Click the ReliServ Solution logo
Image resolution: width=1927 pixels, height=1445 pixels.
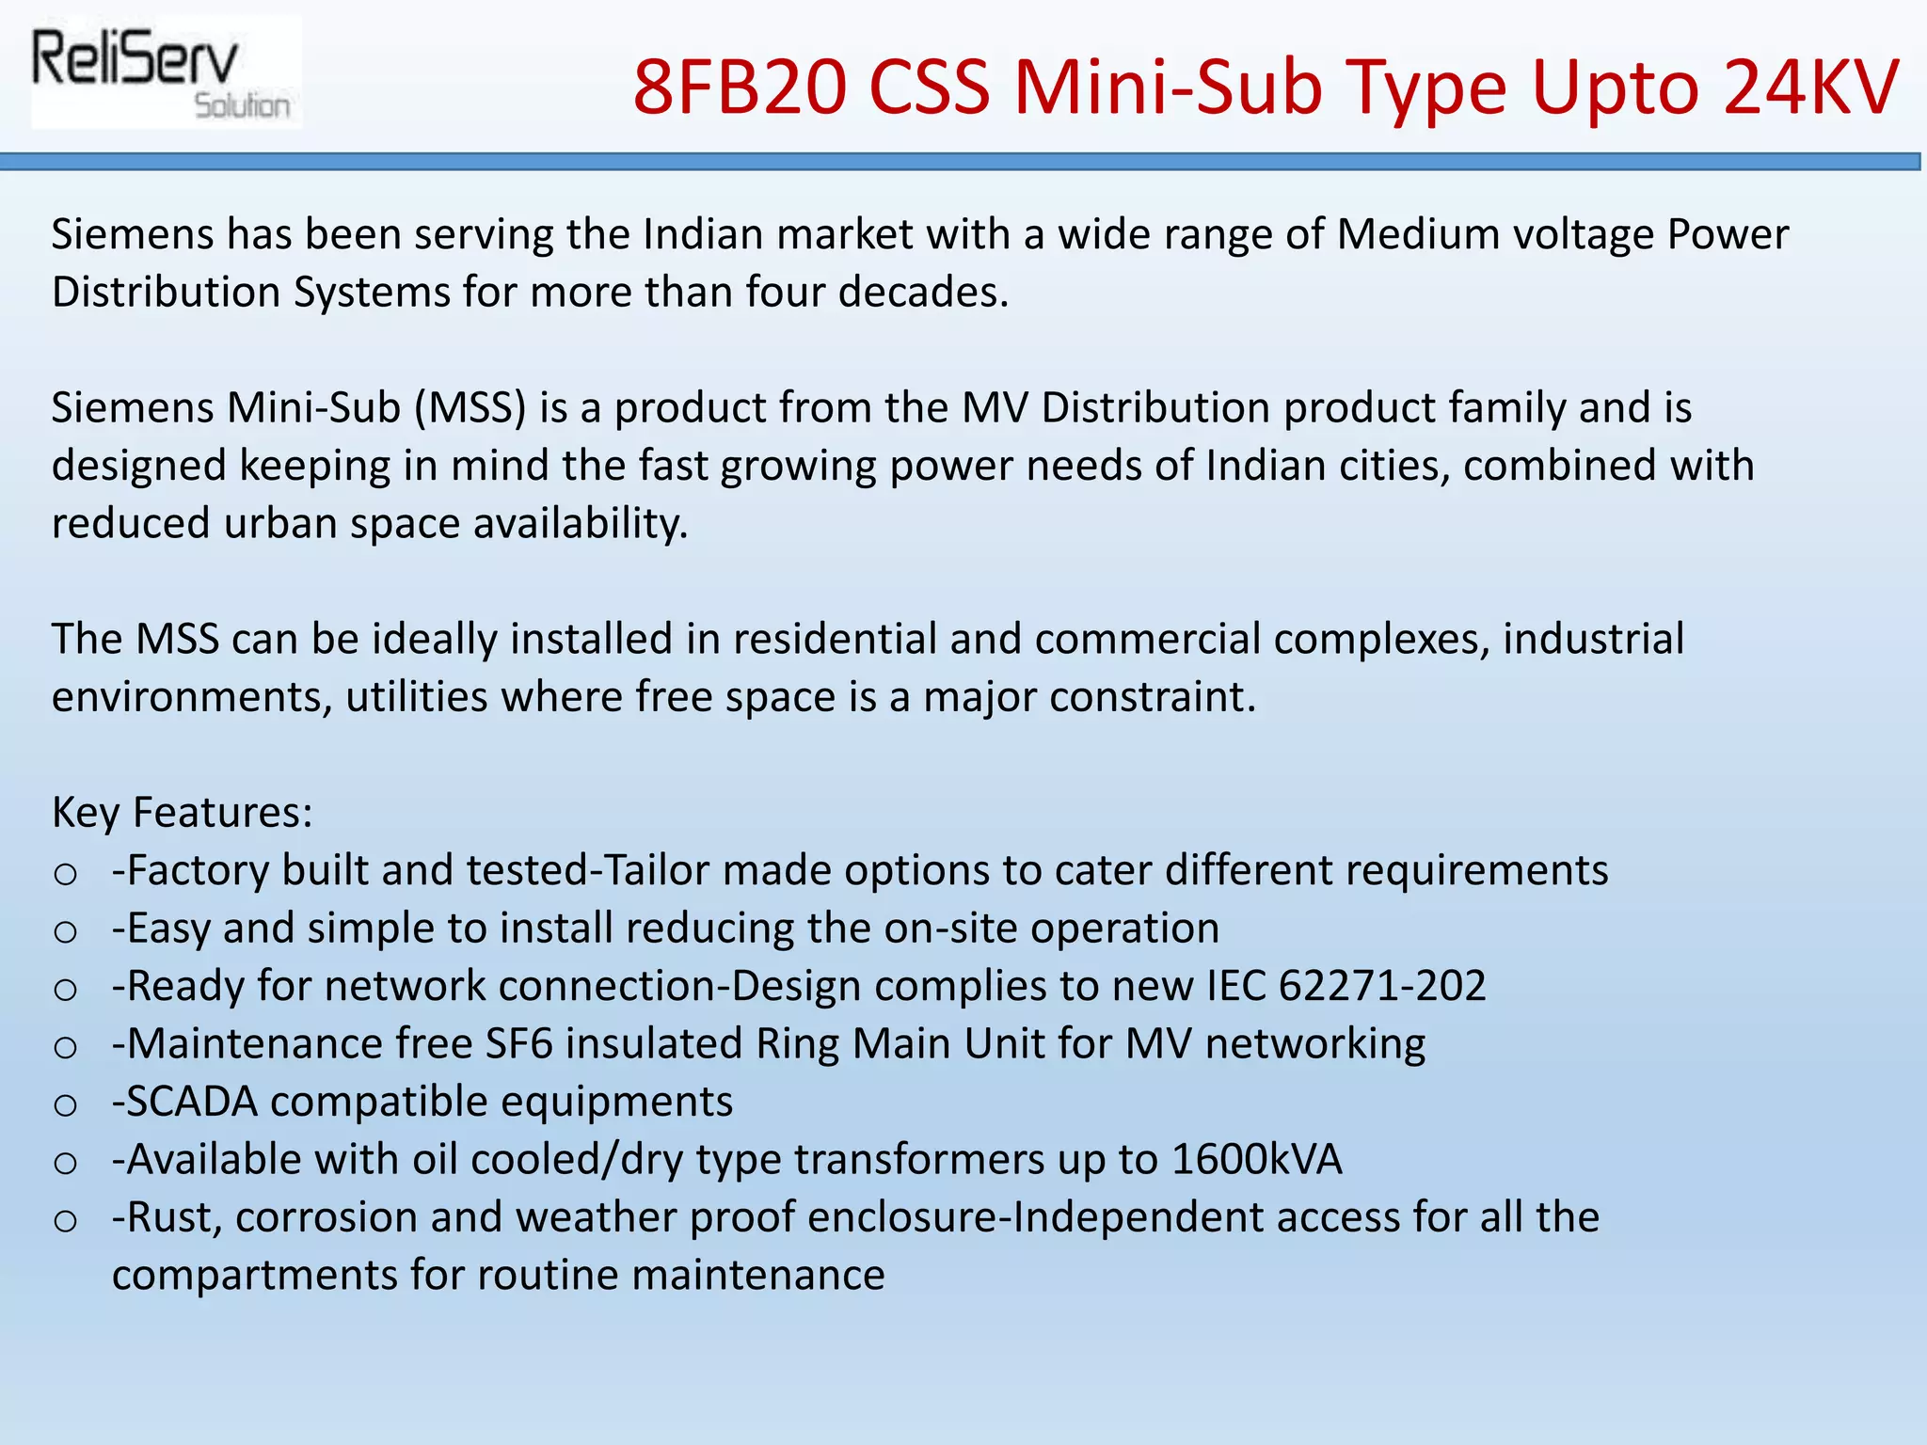click(165, 72)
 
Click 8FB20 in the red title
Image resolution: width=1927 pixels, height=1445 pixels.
click(738, 87)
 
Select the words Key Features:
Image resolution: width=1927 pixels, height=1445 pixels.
click(182, 812)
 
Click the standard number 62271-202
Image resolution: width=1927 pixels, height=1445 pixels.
click(1382, 986)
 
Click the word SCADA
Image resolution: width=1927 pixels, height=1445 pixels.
click(192, 1102)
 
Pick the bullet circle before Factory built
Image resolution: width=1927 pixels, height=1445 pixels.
click(65, 874)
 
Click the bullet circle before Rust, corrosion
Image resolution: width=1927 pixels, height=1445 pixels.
click(65, 1221)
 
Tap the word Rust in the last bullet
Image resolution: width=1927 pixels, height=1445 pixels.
click(174, 1217)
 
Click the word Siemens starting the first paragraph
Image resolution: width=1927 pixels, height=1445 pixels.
click(133, 234)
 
